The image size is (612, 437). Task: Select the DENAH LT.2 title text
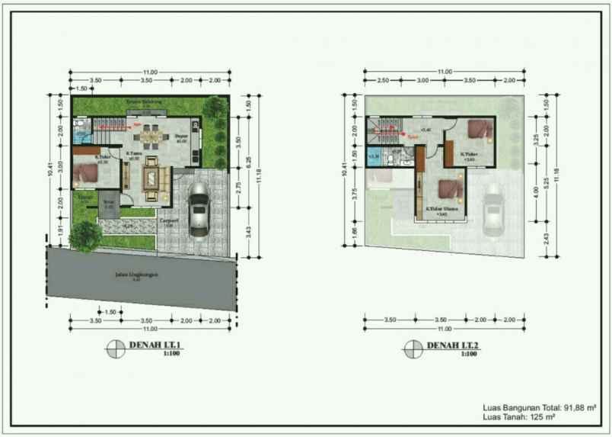453,345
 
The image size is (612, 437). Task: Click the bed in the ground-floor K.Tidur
88,174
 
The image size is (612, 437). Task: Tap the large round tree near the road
84,237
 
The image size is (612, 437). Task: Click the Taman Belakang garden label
148,101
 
